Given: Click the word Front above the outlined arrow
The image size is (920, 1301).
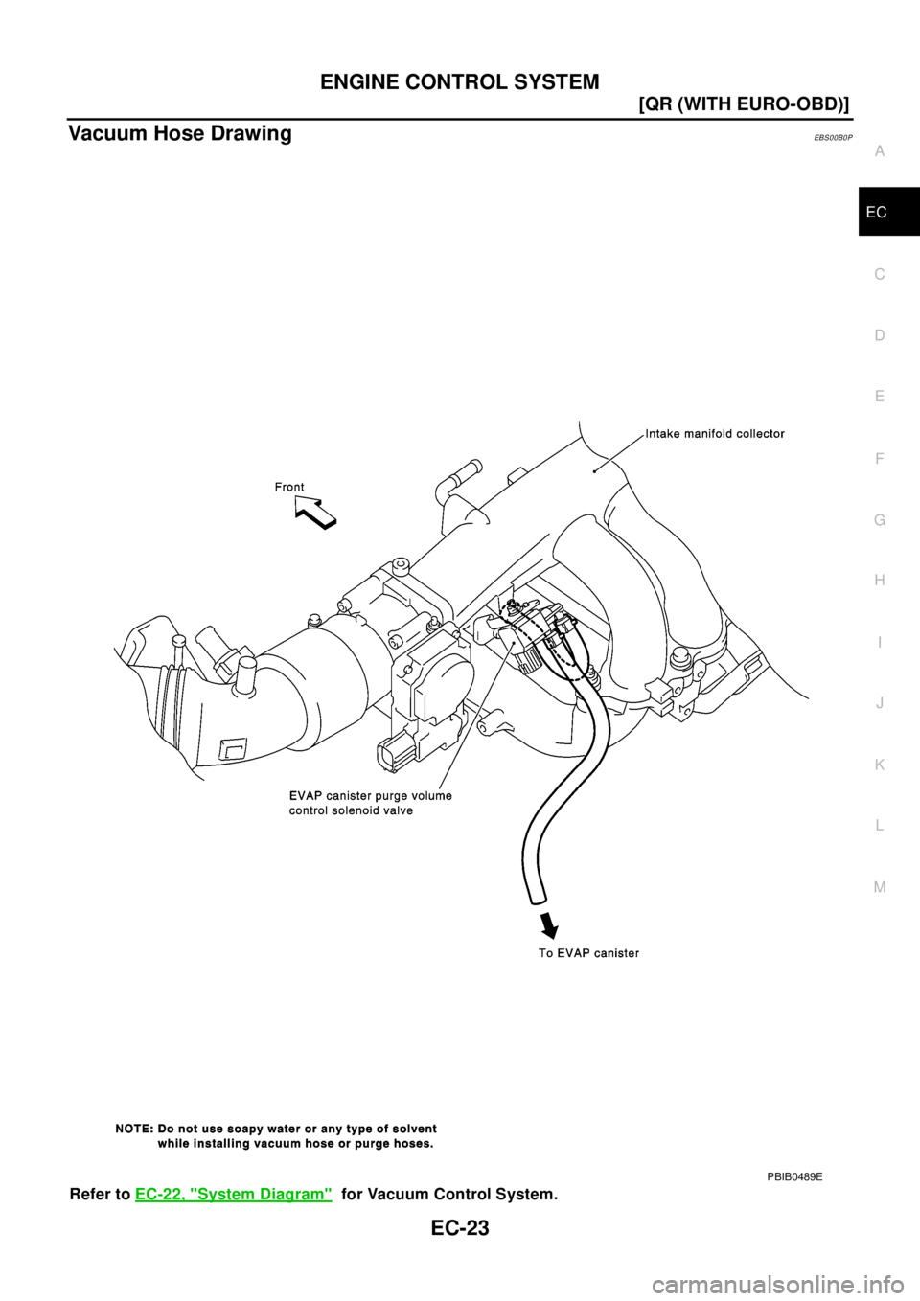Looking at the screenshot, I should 289,487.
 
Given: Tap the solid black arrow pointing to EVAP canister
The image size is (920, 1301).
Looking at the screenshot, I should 548,924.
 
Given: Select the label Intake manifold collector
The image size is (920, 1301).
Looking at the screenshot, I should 715,434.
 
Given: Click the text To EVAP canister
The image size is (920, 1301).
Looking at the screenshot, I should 588,953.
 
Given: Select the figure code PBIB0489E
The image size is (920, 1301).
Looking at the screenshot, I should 793,1175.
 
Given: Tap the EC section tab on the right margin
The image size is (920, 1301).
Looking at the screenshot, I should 876,212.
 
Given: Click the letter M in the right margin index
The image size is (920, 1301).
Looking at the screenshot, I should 879,887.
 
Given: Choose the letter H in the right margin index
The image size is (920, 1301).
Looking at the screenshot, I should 879,581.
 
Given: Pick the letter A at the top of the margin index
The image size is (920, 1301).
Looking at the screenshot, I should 879,151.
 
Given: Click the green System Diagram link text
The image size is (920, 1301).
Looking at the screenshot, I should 233,1195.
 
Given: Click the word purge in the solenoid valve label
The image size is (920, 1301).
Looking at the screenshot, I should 389,796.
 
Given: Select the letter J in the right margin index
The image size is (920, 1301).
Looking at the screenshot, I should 879,703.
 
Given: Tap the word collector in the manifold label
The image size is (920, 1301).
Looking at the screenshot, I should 759,434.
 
